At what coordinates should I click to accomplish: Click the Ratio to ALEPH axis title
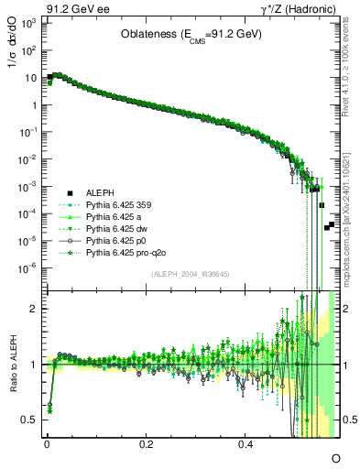click(x=13, y=365)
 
